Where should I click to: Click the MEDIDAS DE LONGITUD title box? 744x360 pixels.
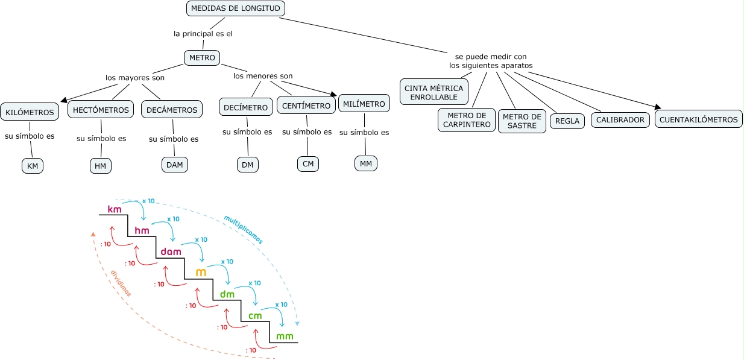236,8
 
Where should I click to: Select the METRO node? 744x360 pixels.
202,58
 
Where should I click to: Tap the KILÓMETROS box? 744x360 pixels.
30,112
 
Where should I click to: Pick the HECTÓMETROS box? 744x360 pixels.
101,110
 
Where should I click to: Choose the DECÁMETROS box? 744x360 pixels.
171,110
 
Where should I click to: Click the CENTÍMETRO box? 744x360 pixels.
306,106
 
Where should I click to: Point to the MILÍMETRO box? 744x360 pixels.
364,104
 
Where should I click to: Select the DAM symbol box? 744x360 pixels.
175,164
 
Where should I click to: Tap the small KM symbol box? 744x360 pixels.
33,166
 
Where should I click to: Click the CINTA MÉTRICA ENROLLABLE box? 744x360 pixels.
434,92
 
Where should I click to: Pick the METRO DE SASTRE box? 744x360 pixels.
522,121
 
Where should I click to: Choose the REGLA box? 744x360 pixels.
567,121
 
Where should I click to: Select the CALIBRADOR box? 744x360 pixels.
620,119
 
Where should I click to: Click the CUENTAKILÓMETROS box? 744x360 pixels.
698,119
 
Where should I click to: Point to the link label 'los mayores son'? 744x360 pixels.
135,78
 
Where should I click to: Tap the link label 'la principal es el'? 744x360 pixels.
203,34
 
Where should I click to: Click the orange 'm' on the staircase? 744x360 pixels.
201,273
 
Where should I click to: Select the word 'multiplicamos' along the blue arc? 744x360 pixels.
244,230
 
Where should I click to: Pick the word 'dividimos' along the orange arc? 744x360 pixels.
121,283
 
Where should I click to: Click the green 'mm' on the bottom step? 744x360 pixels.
285,336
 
